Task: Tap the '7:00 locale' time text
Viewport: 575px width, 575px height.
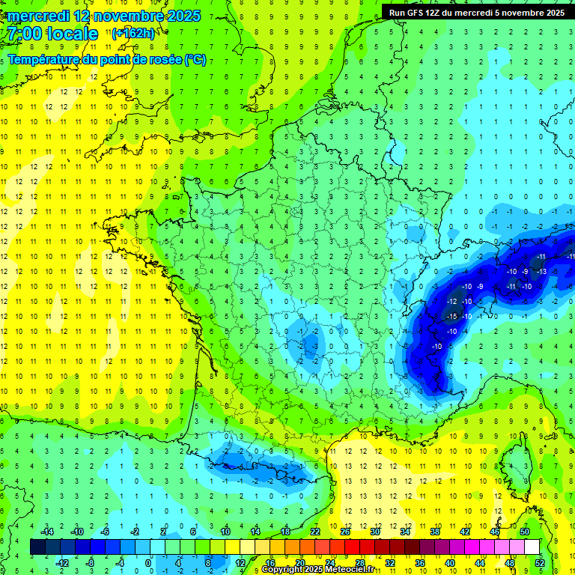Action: (x=50, y=34)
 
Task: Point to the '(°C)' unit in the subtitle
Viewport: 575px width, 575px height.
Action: (x=195, y=60)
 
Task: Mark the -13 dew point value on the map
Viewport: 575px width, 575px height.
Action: (x=541, y=271)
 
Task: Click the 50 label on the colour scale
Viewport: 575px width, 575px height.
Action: (x=525, y=532)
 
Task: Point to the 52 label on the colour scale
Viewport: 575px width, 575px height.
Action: (x=540, y=563)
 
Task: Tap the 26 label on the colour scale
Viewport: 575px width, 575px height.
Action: (x=345, y=532)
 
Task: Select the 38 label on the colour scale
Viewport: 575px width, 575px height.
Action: (x=435, y=532)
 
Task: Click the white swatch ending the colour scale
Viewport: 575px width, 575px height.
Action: (x=532, y=547)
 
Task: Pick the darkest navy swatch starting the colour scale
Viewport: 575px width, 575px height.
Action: (x=37, y=547)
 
